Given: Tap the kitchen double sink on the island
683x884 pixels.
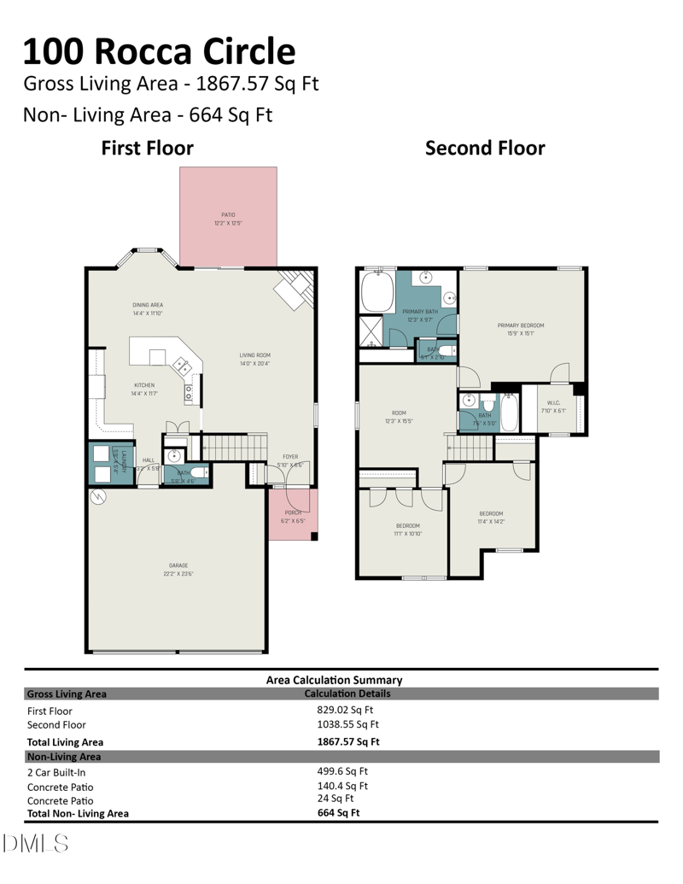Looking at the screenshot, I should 181,365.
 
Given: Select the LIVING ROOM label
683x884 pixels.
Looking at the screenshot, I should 254,354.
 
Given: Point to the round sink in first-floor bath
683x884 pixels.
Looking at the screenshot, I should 174,455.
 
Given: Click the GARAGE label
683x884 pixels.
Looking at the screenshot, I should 178,565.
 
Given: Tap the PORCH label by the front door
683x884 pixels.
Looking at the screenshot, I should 293,512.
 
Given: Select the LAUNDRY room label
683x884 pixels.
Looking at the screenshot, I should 125,458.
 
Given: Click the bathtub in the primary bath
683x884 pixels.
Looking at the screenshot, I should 377,292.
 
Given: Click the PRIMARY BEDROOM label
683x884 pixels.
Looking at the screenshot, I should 521,325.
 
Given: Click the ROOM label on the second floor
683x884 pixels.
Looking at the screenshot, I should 399,413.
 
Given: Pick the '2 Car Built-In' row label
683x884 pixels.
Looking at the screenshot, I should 56,772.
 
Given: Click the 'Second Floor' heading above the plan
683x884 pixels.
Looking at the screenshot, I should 485,148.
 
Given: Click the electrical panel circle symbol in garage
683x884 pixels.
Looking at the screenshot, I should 98,496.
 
